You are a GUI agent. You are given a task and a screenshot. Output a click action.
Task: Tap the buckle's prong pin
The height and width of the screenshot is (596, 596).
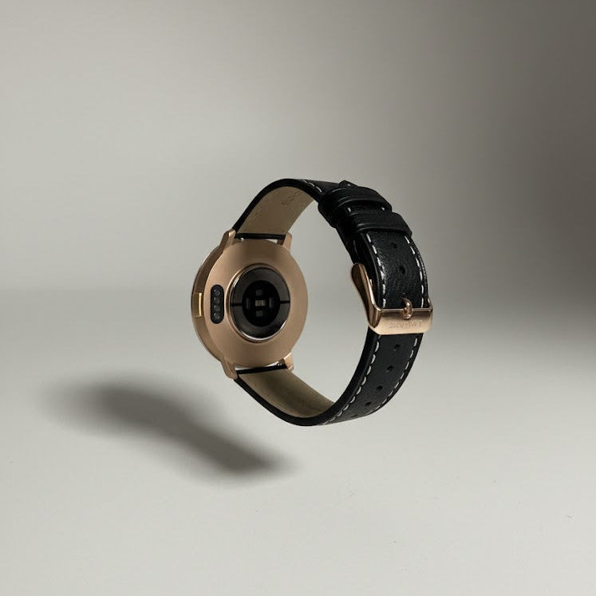407,308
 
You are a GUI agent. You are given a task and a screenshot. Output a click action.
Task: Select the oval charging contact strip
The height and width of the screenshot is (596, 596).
215,302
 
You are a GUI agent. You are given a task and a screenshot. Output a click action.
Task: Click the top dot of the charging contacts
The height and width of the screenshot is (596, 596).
215,293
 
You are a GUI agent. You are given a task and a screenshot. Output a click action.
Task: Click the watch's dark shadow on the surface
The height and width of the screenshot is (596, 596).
160,419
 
